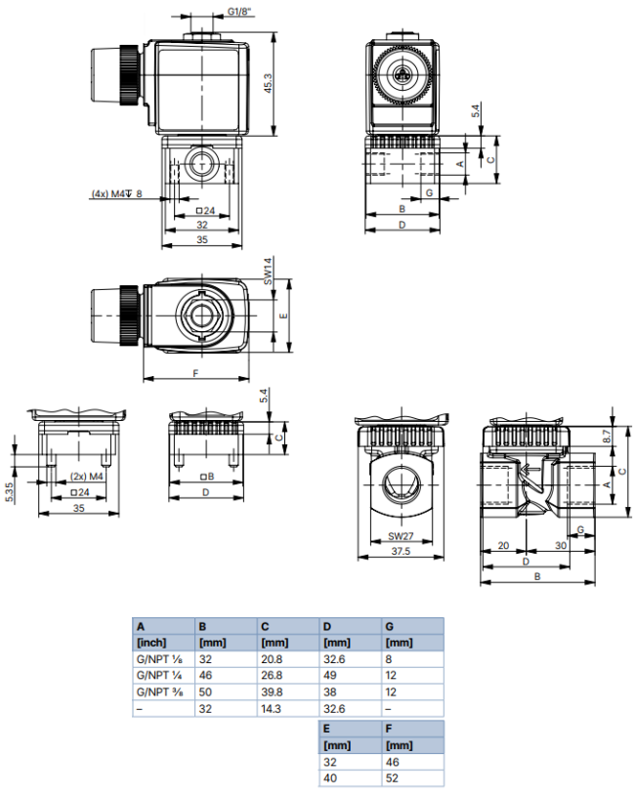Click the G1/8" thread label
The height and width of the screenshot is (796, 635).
click(240, 12)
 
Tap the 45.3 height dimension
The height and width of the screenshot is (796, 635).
click(268, 85)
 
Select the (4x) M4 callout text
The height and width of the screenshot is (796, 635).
click(110, 193)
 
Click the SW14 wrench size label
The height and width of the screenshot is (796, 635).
click(266, 271)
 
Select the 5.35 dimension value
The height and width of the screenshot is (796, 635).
click(8, 491)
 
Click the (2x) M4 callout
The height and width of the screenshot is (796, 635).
click(86, 477)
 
